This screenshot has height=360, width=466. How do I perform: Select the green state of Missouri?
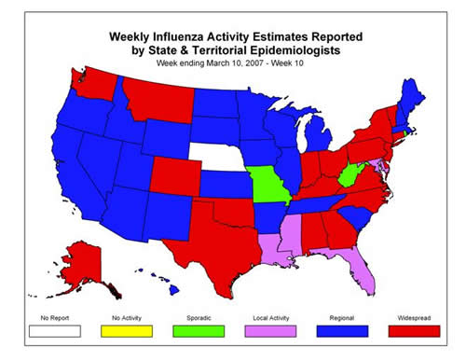tap(268, 187)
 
